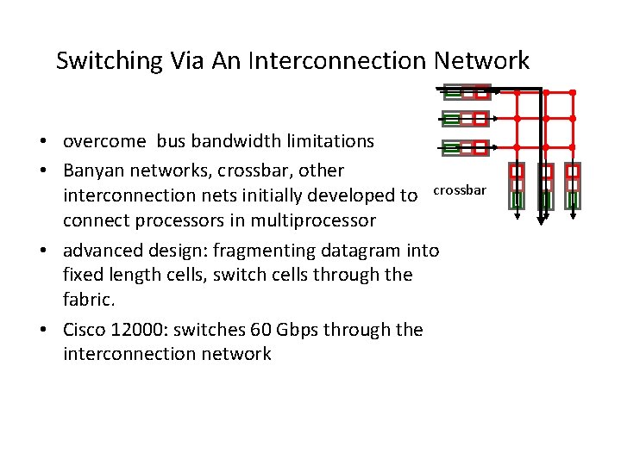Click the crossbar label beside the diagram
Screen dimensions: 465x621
(x=460, y=189)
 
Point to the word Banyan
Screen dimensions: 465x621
(x=96, y=170)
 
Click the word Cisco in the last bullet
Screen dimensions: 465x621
(x=86, y=330)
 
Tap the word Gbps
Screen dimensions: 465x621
(x=280, y=330)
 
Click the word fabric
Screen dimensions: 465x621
(x=90, y=299)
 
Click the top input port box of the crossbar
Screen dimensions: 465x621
(x=466, y=92)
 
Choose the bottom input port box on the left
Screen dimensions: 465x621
(x=466, y=147)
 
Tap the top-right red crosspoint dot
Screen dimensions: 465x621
(x=573, y=92)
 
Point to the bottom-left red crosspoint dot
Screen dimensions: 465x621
(x=517, y=147)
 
